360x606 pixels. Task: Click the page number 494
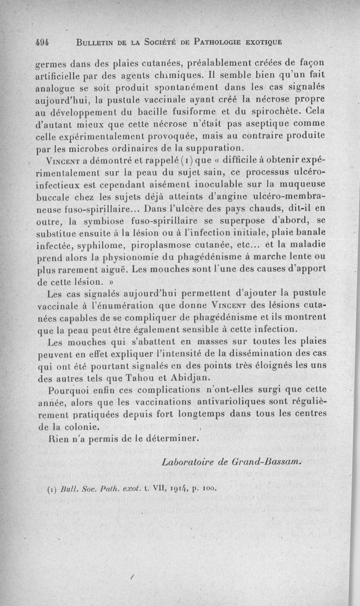42,42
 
